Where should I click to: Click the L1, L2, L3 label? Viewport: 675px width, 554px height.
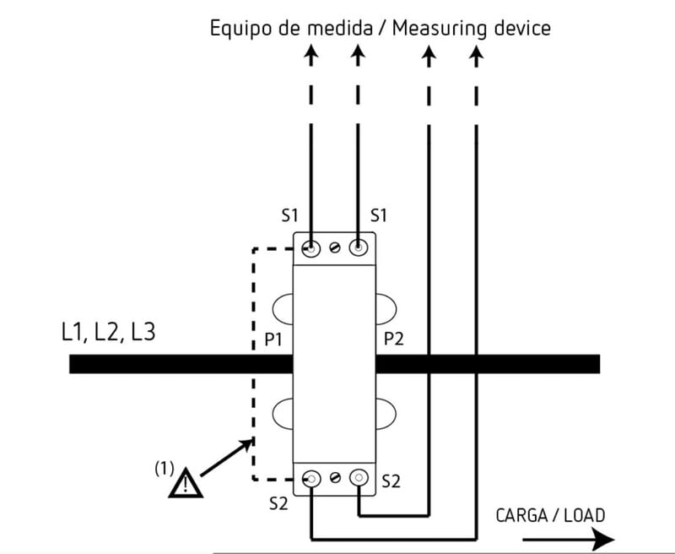tap(108, 332)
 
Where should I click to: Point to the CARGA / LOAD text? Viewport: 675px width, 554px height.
tap(549, 514)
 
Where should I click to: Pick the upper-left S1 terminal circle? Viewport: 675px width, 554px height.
tap(311, 249)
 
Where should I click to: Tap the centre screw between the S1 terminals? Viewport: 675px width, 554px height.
tap(335, 249)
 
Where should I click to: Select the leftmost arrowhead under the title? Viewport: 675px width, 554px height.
tap(311, 56)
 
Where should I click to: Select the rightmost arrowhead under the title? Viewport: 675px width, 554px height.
tap(476, 56)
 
